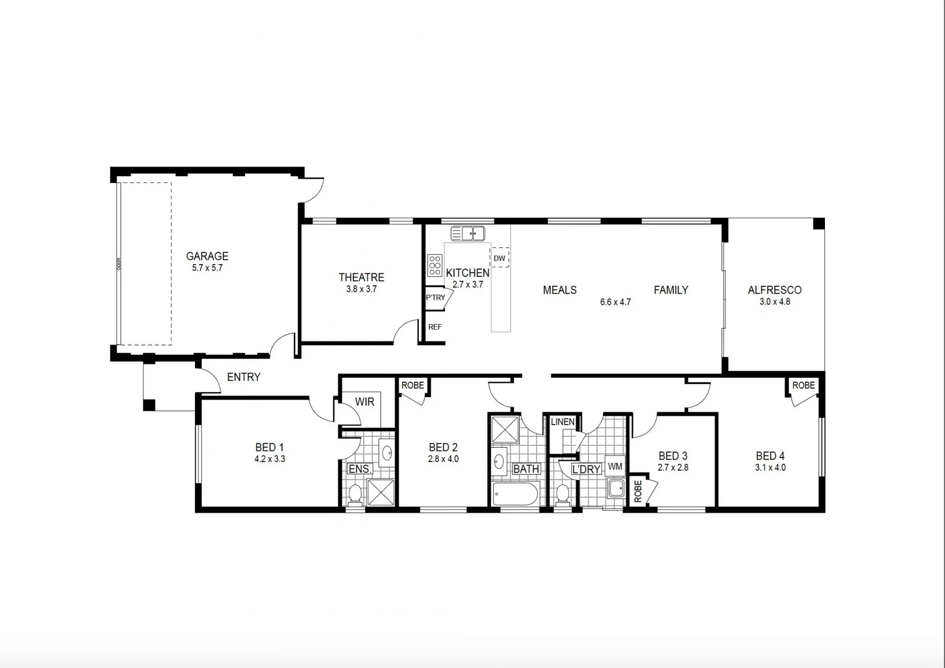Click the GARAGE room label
point(207,256)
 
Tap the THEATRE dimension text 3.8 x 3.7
point(361,289)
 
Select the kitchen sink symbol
point(468,234)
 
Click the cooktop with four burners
point(434,265)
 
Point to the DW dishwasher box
point(499,258)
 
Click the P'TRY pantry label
point(435,298)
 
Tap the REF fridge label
point(435,327)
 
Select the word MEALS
point(559,290)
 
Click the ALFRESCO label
point(774,290)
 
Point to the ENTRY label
point(243,377)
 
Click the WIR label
point(365,402)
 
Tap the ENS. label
point(360,469)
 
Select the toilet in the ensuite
point(355,494)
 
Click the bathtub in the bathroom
point(516,494)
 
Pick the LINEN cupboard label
point(563,422)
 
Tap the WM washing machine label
point(615,466)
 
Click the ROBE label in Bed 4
point(803,385)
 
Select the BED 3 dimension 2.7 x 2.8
point(673,468)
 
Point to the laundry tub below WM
point(616,488)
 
